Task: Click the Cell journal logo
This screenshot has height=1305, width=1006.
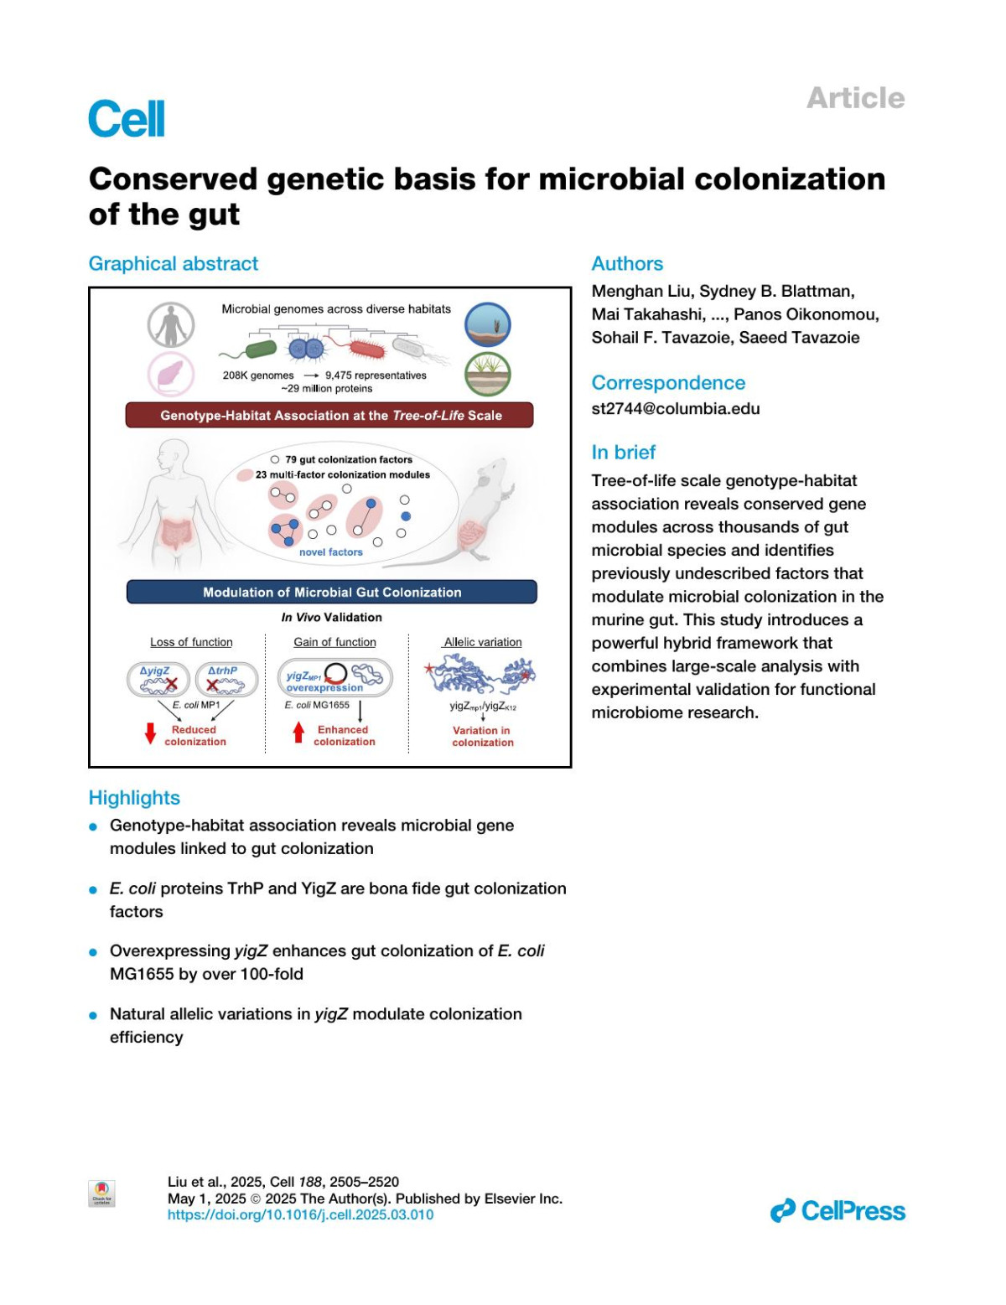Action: [x=127, y=118]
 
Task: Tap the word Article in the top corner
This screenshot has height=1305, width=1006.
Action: [x=855, y=98]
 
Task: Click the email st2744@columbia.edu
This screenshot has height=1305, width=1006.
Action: [x=675, y=409]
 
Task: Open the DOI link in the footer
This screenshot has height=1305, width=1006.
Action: [x=300, y=1214]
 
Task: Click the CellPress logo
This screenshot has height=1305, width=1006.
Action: [x=837, y=1211]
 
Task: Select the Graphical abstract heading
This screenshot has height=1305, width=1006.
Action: [x=174, y=263]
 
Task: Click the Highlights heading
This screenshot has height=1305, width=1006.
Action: [x=134, y=797]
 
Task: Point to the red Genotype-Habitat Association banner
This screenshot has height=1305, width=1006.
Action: [x=329, y=415]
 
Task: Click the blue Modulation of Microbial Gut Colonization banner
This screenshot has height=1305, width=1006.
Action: [x=331, y=592]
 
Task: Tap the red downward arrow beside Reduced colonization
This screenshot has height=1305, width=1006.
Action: [x=151, y=733]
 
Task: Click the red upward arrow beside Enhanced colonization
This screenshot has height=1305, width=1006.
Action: [x=298, y=733]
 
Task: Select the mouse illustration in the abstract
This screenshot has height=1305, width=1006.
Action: [x=486, y=511]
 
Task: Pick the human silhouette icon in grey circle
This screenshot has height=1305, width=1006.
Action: [x=171, y=324]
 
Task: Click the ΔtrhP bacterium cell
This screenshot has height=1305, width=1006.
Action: [x=226, y=680]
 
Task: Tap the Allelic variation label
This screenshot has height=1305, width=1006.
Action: [x=483, y=642]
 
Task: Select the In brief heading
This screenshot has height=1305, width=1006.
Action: [x=623, y=452]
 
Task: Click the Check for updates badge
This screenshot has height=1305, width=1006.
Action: [x=101, y=1194]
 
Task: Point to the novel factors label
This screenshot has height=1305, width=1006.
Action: [x=331, y=552]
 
